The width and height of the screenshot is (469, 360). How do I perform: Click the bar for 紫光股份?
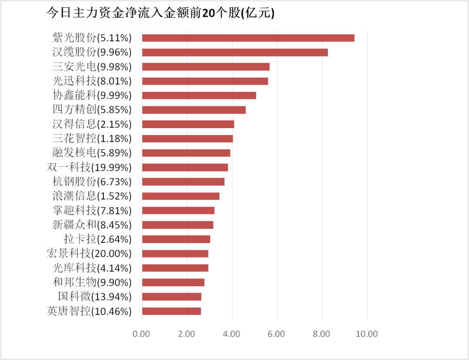click(x=248, y=38)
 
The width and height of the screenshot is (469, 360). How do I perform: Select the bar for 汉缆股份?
click(x=234, y=52)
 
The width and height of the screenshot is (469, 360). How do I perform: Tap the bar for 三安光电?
click(x=205, y=66)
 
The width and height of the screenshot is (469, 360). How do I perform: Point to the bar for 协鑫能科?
click(x=199, y=95)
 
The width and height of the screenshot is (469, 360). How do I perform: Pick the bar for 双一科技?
click(x=185, y=167)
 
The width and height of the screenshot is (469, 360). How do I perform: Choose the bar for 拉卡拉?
click(x=176, y=239)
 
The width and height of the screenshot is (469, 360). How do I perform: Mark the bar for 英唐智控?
click(x=171, y=311)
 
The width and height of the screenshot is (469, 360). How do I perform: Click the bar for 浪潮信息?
click(x=180, y=196)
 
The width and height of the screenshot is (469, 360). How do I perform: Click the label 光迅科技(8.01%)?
click(x=92, y=81)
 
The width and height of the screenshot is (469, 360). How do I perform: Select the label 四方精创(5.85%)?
click(x=92, y=109)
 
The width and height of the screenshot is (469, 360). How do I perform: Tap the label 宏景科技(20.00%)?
click(x=89, y=253)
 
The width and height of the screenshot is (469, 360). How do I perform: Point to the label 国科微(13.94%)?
click(x=95, y=297)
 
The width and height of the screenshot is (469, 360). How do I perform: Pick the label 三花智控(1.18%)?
click(x=92, y=139)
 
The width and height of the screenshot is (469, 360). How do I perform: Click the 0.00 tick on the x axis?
click(x=142, y=334)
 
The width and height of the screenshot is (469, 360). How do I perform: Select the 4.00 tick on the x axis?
click(x=231, y=334)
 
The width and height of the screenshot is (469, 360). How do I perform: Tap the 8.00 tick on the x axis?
click(x=322, y=334)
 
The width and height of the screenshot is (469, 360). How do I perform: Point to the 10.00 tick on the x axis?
click(x=367, y=334)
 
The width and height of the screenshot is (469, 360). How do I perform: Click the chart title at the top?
click(x=161, y=13)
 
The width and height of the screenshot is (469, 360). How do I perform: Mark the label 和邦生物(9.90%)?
click(x=92, y=282)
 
